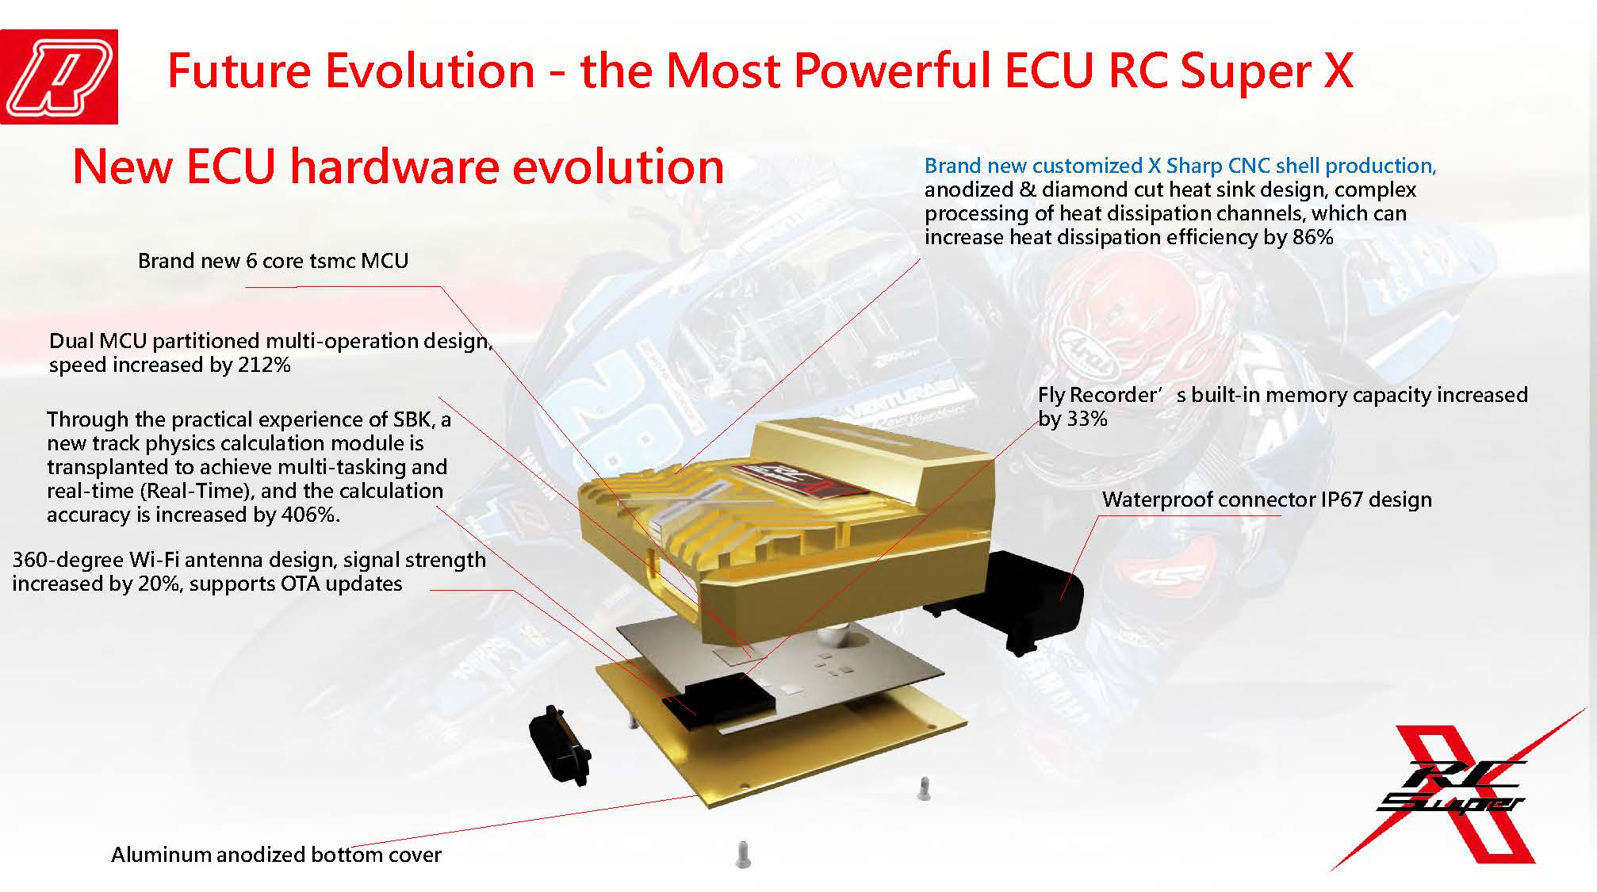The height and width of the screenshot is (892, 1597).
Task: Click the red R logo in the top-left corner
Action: click(59, 77)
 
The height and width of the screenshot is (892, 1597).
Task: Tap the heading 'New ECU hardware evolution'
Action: click(398, 167)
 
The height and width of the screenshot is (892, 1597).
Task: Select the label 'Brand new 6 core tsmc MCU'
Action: click(273, 261)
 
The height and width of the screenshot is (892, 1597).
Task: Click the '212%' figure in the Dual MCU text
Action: click(264, 365)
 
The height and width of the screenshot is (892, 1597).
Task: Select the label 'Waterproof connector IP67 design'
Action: click(1267, 500)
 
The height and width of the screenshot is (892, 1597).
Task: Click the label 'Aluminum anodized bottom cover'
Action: click(276, 855)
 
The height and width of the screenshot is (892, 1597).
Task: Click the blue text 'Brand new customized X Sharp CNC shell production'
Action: click(1180, 166)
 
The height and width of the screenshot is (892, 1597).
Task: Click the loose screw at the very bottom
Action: click(743, 855)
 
